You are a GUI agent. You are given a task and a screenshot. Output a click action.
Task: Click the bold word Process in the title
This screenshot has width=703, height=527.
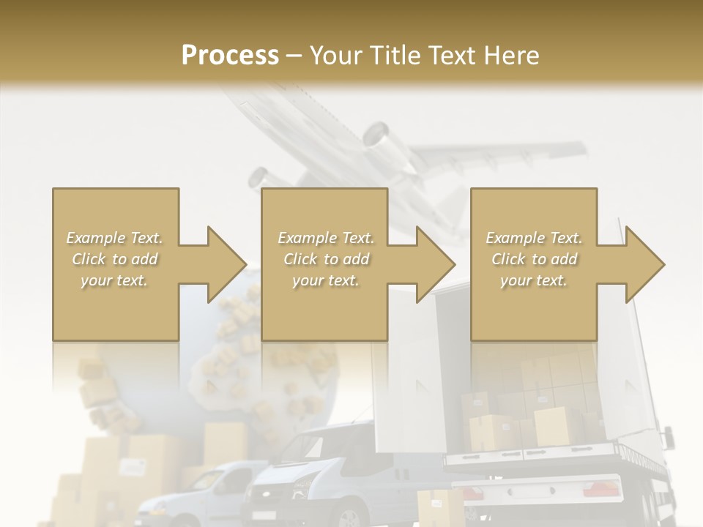230,56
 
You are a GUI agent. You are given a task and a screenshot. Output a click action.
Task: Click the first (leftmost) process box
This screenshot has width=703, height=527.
115,264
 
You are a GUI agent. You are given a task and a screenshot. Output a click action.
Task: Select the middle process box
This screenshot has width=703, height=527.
324,264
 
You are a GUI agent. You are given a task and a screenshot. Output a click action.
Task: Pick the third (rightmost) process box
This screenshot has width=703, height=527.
533,264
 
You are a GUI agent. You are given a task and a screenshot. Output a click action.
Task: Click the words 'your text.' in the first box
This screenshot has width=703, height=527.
115,280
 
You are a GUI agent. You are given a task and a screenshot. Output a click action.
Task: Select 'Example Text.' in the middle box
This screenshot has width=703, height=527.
325,238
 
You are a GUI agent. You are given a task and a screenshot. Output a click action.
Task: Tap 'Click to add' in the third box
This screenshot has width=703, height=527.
534,259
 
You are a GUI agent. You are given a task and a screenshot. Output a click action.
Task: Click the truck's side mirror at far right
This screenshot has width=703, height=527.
668,436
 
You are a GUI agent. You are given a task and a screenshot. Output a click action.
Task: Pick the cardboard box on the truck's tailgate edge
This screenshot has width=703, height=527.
551,426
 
